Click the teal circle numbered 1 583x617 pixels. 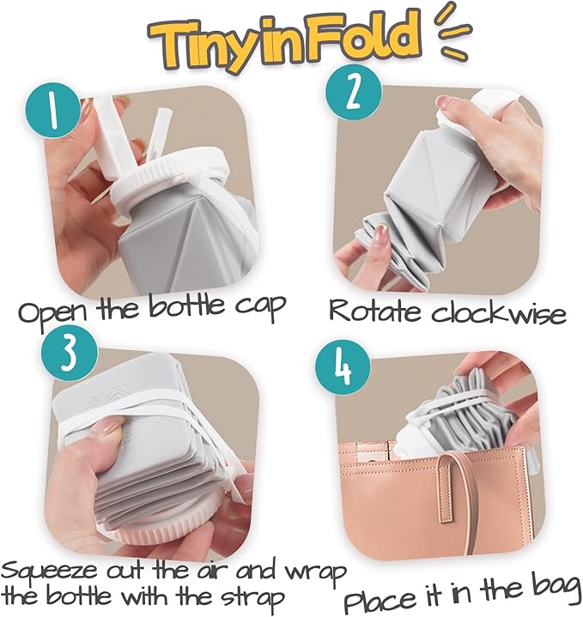54,111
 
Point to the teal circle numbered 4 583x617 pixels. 343,368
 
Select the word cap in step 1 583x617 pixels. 260,307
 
